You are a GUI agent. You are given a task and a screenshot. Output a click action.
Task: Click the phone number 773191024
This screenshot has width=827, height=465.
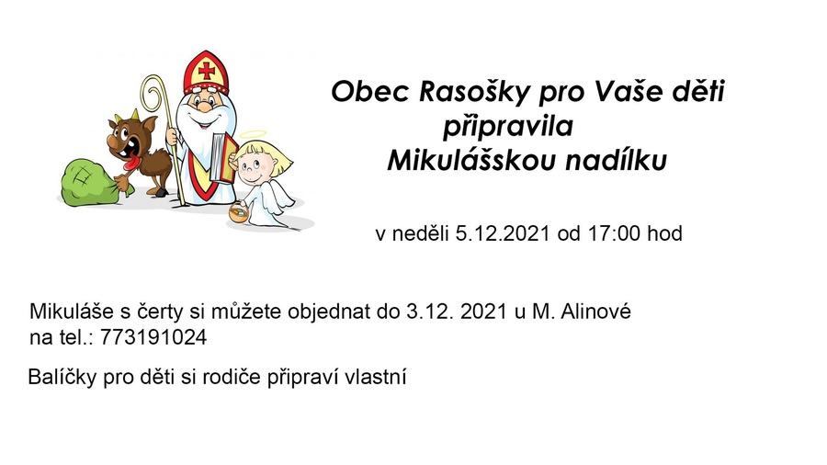(x=153, y=337)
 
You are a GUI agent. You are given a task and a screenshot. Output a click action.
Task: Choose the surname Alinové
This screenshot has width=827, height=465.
(x=595, y=312)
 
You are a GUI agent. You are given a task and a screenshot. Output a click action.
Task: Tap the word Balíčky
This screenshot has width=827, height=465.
(x=62, y=378)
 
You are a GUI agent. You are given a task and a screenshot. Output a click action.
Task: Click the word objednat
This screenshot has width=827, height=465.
(x=329, y=312)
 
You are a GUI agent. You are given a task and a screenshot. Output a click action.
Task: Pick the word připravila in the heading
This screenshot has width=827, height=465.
(x=507, y=128)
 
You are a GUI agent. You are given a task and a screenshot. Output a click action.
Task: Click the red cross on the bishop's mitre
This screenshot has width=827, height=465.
(x=206, y=70)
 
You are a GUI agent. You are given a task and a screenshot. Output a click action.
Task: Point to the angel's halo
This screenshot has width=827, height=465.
(x=254, y=135)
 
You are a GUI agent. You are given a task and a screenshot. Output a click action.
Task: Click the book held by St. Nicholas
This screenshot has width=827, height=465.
(x=221, y=156)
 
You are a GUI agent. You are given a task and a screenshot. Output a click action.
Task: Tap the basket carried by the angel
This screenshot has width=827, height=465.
(x=239, y=213)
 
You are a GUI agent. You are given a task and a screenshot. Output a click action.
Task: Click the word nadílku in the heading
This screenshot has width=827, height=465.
(x=616, y=161)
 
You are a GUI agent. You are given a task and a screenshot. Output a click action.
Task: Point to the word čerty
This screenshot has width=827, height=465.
(x=159, y=312)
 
